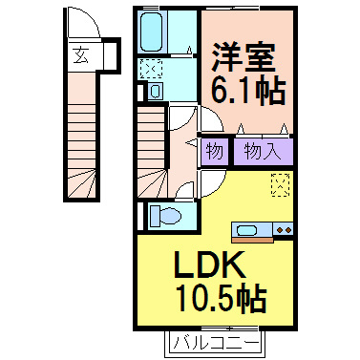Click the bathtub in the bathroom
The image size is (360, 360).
click(x=153, y=34)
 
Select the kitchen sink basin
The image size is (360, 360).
click(x=246, y=229)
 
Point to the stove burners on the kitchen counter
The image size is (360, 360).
click(x=283, y=229)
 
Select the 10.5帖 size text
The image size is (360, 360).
click(x=222, y=299)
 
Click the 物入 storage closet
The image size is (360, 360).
click(x=261, y=152)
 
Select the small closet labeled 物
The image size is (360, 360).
click(x=214, y=152)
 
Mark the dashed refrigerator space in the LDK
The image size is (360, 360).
click(x=281, y=184)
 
